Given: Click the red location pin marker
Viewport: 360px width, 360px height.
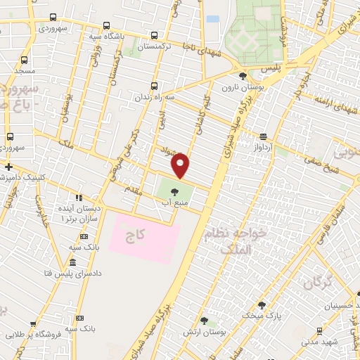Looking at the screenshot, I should [181, 165].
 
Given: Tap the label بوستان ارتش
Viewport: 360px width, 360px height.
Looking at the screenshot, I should [203, 331].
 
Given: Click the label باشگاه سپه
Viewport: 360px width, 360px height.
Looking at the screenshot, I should [107, 34].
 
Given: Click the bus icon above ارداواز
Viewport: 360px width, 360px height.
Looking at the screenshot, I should [263, 136].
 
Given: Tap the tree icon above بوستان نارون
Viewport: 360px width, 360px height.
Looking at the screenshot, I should [243, 76].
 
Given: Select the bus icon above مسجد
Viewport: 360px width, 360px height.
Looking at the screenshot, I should [25, 60].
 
